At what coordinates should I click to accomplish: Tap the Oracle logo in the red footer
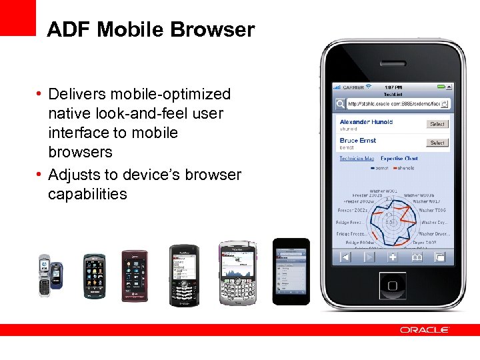coord(425,330)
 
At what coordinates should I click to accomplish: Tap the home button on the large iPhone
coord(393,285)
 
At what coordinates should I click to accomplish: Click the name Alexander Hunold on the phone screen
coord(366,122)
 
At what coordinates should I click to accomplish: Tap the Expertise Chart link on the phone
coord(399,159)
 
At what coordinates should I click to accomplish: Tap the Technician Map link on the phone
coord(357,159)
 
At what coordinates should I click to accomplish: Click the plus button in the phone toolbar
coord(393,257)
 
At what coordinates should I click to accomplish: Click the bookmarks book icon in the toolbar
coord(417,257)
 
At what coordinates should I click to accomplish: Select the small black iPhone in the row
coord(291,271)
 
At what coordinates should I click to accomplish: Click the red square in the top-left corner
coord(17,17)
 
